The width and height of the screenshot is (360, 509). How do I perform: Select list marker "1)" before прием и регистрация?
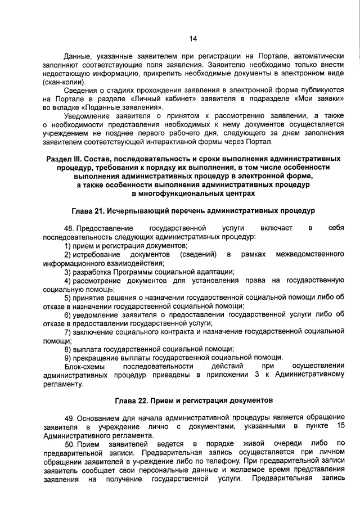coord(67,246)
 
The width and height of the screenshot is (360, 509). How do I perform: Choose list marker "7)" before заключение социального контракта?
coord(67,332)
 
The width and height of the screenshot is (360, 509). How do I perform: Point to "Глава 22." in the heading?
coord(134,401)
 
